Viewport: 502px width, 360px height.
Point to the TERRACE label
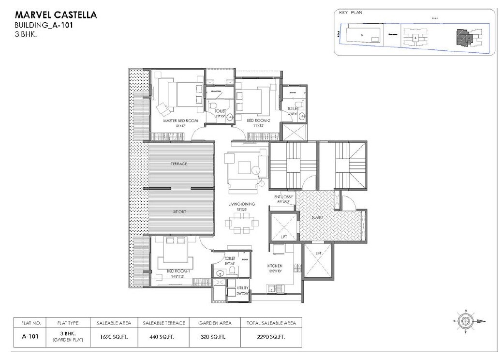(x=178, y=164)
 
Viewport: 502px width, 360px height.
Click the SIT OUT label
(x=179, y=212)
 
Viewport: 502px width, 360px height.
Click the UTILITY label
(x=242, y=287)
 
